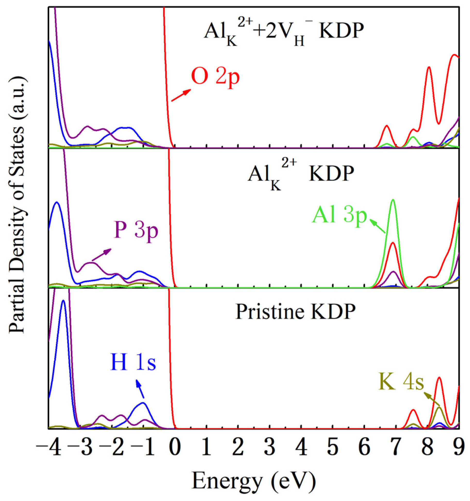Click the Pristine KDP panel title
295,312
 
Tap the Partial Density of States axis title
17,205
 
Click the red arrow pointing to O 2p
181,95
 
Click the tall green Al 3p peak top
393,200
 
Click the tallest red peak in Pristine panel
439,378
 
